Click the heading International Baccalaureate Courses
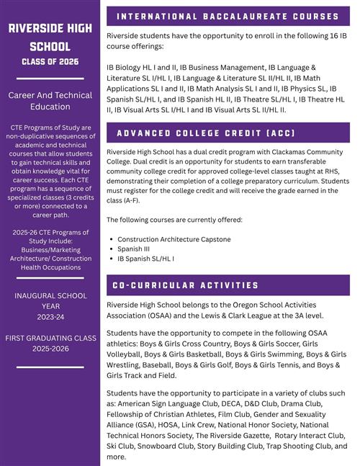pyautogui.click(x=228, y=16)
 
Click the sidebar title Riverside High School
pyautogui.click(x=50, y=37)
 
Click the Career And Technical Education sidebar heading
pyautogui.click(x=50, y=101)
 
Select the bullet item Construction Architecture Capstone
pyautogui.click(x=174, y=238)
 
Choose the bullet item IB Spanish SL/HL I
pyautogui.click(x=146, y=258)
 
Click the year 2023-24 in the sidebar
pyautogui.click(x=50, y=317)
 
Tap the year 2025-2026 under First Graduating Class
pyautogui.click(x=50, y=349)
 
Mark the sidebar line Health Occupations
pyautogui.click(x=50, y=267)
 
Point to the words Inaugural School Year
pyautogui.click(x=50, y=301)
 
